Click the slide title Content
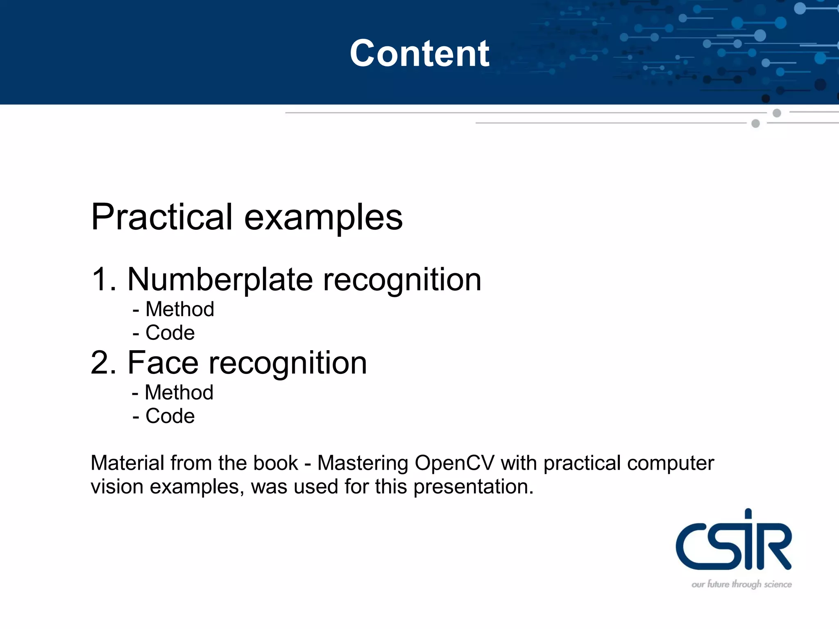419,53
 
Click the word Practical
162,217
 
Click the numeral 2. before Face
104,363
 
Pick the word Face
163,363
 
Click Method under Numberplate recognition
179,309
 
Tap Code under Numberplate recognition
170,333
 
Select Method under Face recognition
179,392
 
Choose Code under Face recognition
170,416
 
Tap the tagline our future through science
741,584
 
